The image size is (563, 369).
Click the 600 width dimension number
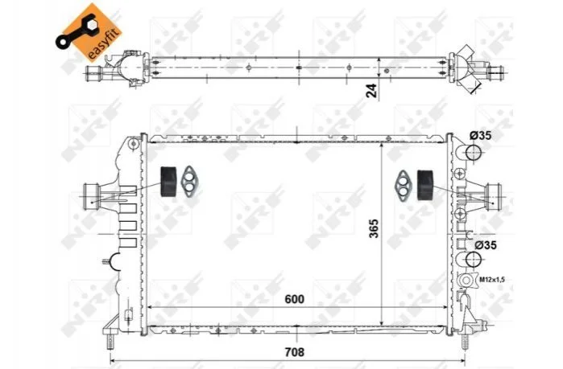coord(294,299)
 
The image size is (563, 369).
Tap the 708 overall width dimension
coord(294,352)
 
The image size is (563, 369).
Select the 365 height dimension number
coord(374,228)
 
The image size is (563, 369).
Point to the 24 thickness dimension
coord(371,91)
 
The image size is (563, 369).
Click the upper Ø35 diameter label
coord(480,136)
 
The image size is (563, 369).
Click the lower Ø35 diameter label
coord(486,245)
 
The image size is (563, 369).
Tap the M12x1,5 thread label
coord(491,279)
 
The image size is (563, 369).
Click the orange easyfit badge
coord(89,32)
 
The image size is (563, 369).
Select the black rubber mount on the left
coord(168,182)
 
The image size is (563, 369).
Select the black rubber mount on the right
coord(425,185)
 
